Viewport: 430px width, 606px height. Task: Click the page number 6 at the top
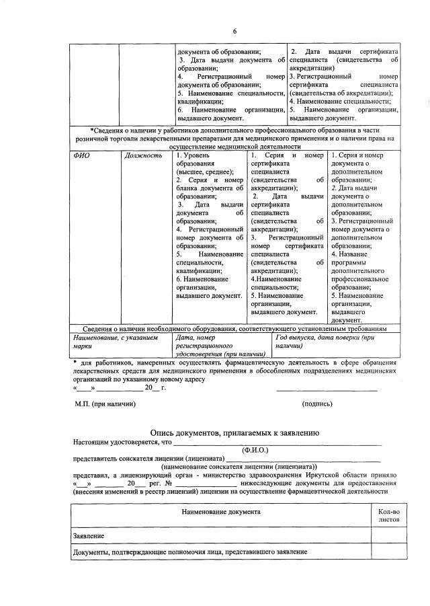pos(235,31)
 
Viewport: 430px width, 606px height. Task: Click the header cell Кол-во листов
pos(388,516)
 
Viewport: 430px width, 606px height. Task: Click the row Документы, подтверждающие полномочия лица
pos(190,552)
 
